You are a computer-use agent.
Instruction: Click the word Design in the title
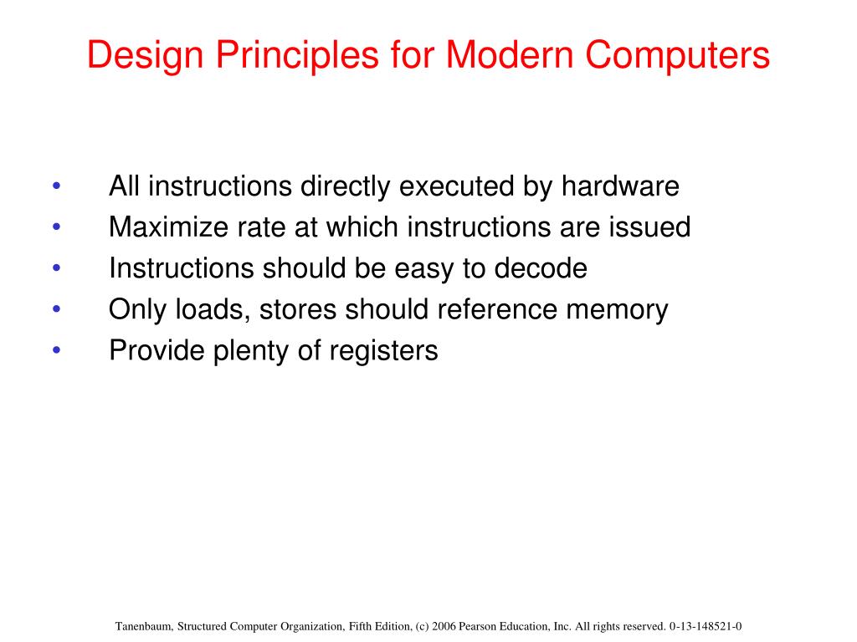pos(138,56)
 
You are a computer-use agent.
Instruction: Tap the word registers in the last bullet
pos(384,351)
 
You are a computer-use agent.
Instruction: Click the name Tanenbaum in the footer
pos(145,626)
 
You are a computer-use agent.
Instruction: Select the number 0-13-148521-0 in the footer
pos(706,626)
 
